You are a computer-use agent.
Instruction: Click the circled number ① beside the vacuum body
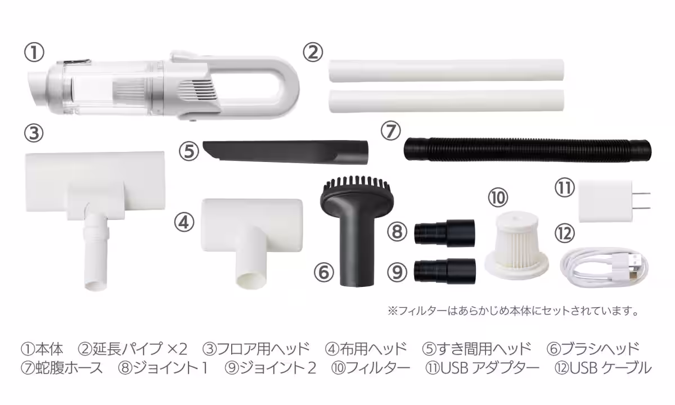[34, 52]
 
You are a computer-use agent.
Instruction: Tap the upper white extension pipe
[446, 71]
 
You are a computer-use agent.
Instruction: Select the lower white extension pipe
[446, 101]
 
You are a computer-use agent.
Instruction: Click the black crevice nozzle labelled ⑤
[285, 152]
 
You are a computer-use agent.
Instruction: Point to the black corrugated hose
[528, 150]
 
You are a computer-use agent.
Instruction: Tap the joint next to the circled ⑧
[444, 233]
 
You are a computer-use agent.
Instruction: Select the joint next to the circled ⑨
[444, 271]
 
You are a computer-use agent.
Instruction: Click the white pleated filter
[516, 244]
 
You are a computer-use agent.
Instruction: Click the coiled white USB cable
[604, 267]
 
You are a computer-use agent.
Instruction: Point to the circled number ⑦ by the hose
[390, 131]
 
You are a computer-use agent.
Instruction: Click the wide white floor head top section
[95, 181]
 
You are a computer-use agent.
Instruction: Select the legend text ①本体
[42, 349]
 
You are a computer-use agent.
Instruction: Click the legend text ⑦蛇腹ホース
[62, 368]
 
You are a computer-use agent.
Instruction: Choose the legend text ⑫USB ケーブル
[603, 368]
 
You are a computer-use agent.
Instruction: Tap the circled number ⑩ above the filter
[498, 198]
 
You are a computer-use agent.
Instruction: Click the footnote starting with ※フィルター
[513, 310]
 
